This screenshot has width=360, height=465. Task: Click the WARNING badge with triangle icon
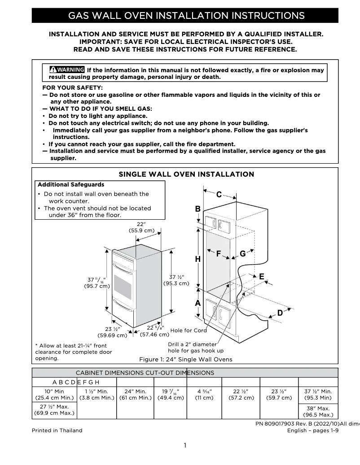click(x=67, y=70)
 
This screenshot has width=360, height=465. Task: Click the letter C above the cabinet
click(x=219, y=195)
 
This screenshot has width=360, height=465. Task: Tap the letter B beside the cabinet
click(x=198, y=209)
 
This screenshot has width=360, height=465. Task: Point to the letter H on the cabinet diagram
click(x=198, y=259)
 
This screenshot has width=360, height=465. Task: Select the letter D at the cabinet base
click(x=280, y=313)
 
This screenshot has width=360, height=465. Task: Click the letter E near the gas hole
click(x=261, y=277)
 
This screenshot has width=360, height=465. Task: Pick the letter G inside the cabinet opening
click(x=242, y=254)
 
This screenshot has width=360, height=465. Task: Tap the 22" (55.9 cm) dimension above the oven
click(x=141, y=227)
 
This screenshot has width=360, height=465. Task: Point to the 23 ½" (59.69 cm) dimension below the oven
click(x=113, y=332)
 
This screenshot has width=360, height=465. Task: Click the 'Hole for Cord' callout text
click(x=189, y=330)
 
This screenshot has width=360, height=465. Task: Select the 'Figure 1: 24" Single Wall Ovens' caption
click(x=186, y=359)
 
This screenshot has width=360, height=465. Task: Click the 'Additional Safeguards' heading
click(x=71, y=184)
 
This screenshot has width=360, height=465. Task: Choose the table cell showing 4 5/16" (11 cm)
click(x=204, y=394)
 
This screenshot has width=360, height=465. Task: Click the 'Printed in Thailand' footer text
click(x=57, y=430)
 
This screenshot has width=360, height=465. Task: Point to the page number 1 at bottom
click(x=184, y=445)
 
